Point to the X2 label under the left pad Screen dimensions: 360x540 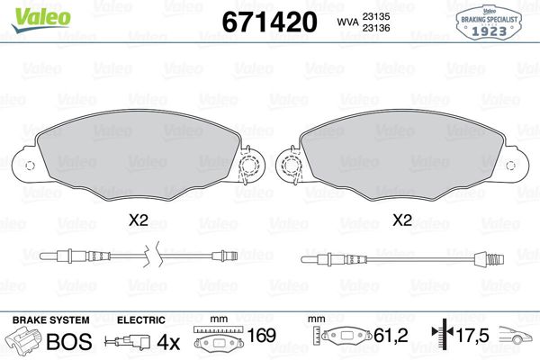138,220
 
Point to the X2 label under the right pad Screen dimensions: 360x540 402,220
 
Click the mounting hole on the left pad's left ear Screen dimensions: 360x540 29,165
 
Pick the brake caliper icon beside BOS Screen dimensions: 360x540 24,342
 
